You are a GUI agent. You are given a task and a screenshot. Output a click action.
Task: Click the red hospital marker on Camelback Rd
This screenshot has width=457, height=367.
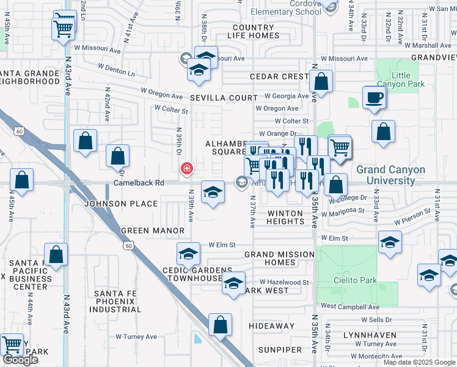point(186,168)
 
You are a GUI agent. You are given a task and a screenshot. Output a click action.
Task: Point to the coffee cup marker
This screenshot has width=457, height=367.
point(374,97)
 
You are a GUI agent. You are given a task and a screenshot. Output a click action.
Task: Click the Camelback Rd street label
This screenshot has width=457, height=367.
point(139,183)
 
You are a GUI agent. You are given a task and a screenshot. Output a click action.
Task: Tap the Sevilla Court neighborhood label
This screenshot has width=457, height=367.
point(223,98)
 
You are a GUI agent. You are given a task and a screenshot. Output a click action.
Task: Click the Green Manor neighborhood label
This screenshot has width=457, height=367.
point(153,231)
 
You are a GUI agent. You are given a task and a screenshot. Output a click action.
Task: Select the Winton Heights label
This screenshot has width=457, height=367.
point(285,217)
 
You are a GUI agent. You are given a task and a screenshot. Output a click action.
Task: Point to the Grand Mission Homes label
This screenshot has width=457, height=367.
point(279,259)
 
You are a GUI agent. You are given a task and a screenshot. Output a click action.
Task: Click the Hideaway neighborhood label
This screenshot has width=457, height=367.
point(272,326)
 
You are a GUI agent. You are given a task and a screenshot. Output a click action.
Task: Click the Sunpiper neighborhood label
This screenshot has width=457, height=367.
point(280,350)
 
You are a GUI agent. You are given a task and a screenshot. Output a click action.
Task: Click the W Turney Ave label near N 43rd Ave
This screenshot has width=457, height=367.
point(139,336)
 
